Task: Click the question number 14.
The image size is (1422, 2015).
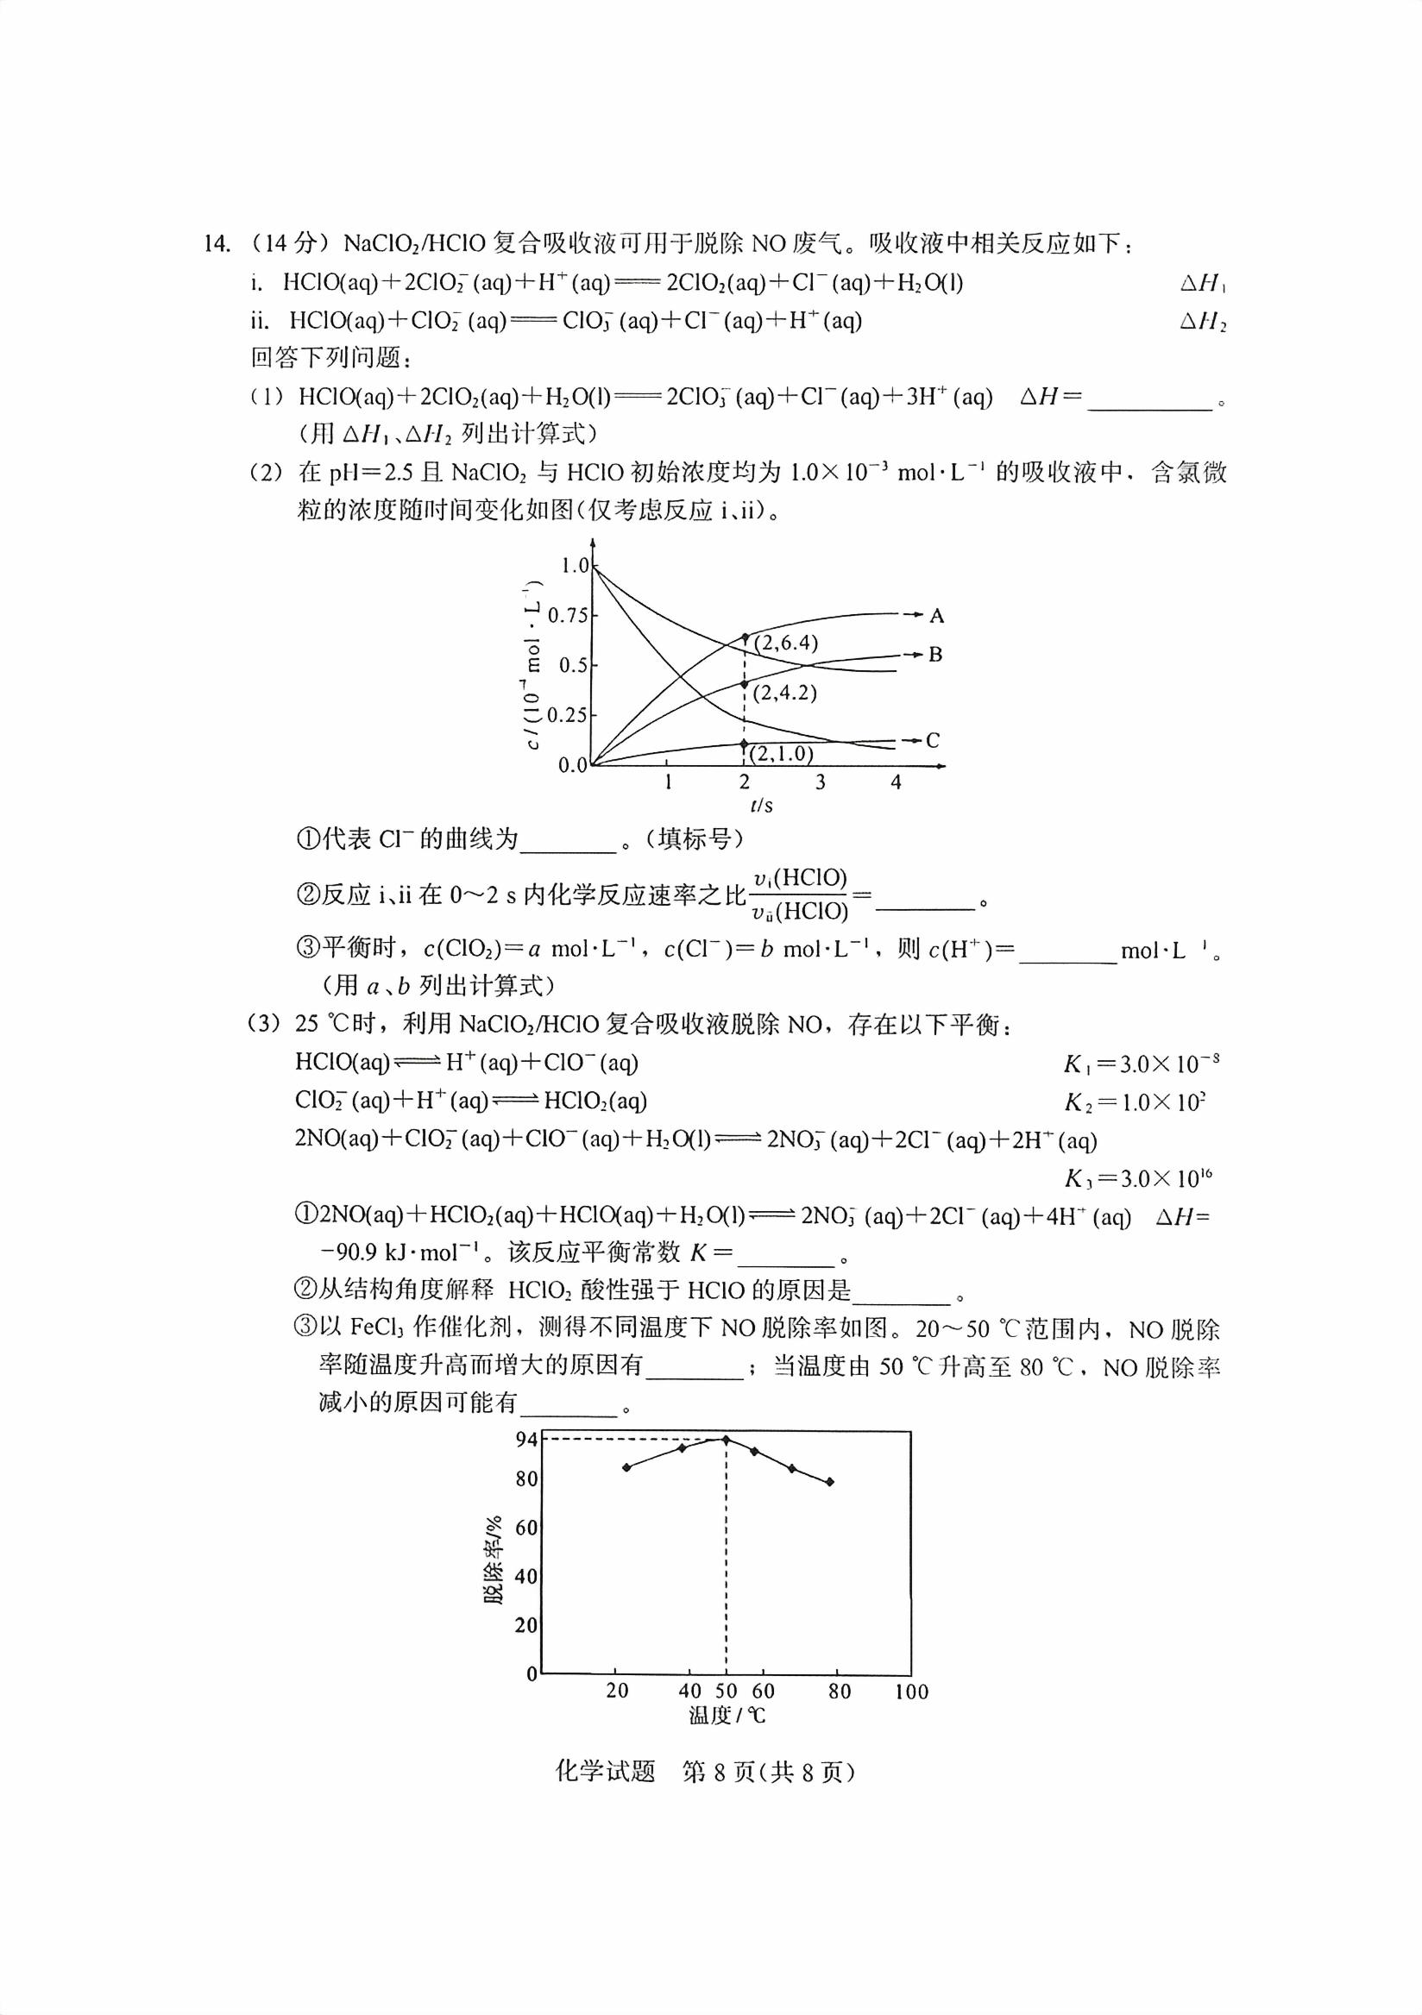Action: pos(217,243)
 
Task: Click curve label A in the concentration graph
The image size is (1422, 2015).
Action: pos(936,615)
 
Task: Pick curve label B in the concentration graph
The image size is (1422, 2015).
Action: pos(934,655)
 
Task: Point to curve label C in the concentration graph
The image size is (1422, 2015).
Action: pos(932,740)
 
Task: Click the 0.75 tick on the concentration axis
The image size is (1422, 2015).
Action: pos(568,615)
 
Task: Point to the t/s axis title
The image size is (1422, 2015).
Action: pos(761,805)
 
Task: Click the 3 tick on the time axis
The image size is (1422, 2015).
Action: pos(820,782)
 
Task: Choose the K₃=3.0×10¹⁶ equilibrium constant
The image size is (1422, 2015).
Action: pos(1139,1178)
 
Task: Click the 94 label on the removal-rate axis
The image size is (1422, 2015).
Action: pos(526,1439)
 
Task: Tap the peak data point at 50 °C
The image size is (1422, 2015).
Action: pos(726,1440)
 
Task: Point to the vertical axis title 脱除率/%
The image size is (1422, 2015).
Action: pos(494,1558)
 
